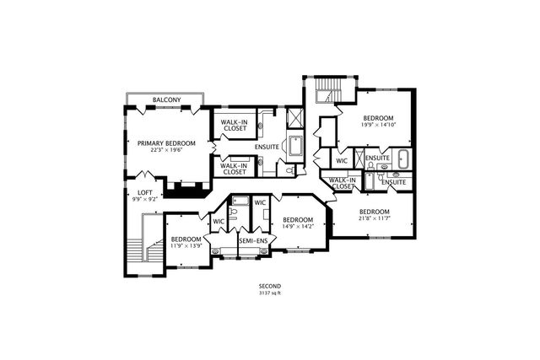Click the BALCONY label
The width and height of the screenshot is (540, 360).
tap(167, 101)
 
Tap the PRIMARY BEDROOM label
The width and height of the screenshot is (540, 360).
tap(167, 143)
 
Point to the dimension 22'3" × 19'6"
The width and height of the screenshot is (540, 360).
tap(167, 152)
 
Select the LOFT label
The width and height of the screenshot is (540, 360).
tap(145, 193)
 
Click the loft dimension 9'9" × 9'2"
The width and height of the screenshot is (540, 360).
tap(145, 201)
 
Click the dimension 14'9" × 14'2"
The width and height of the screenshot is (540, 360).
tap(297, 226)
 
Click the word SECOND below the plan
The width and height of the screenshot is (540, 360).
tap(270, 287)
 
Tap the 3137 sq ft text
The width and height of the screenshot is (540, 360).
tap(270, 294)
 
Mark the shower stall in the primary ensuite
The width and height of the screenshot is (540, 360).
tap(296, 118)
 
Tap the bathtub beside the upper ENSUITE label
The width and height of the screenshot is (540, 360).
tap(402, 158)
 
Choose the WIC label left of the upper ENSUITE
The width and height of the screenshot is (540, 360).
tap(342, 160)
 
